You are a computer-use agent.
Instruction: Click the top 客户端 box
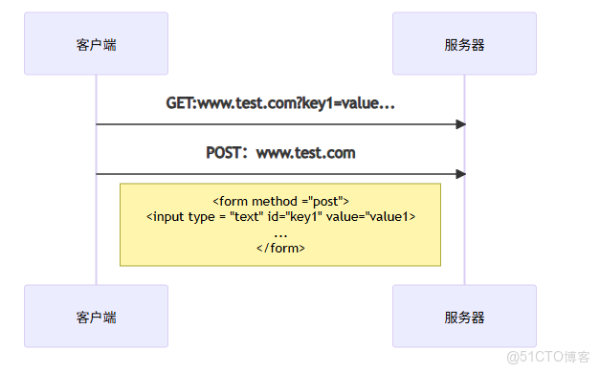point(96,44)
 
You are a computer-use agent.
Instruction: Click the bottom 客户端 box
point(96,316)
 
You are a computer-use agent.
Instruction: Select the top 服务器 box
point(464,44)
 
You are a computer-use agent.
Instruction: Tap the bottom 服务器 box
point(464,316)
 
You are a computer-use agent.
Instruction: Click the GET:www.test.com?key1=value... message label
point(280,103)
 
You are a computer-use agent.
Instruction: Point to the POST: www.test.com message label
point(280,153)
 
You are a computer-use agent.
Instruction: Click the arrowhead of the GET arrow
point(460,124)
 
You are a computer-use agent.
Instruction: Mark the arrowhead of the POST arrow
point(460,174)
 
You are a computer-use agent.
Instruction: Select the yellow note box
point(279,224)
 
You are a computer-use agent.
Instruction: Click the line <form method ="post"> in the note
point(280,202)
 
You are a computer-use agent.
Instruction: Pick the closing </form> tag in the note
point(280,248)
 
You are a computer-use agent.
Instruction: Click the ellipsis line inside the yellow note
point(280,232)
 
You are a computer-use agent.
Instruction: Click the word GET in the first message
point(179,103)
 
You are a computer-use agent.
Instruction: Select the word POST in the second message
point(225,153)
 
